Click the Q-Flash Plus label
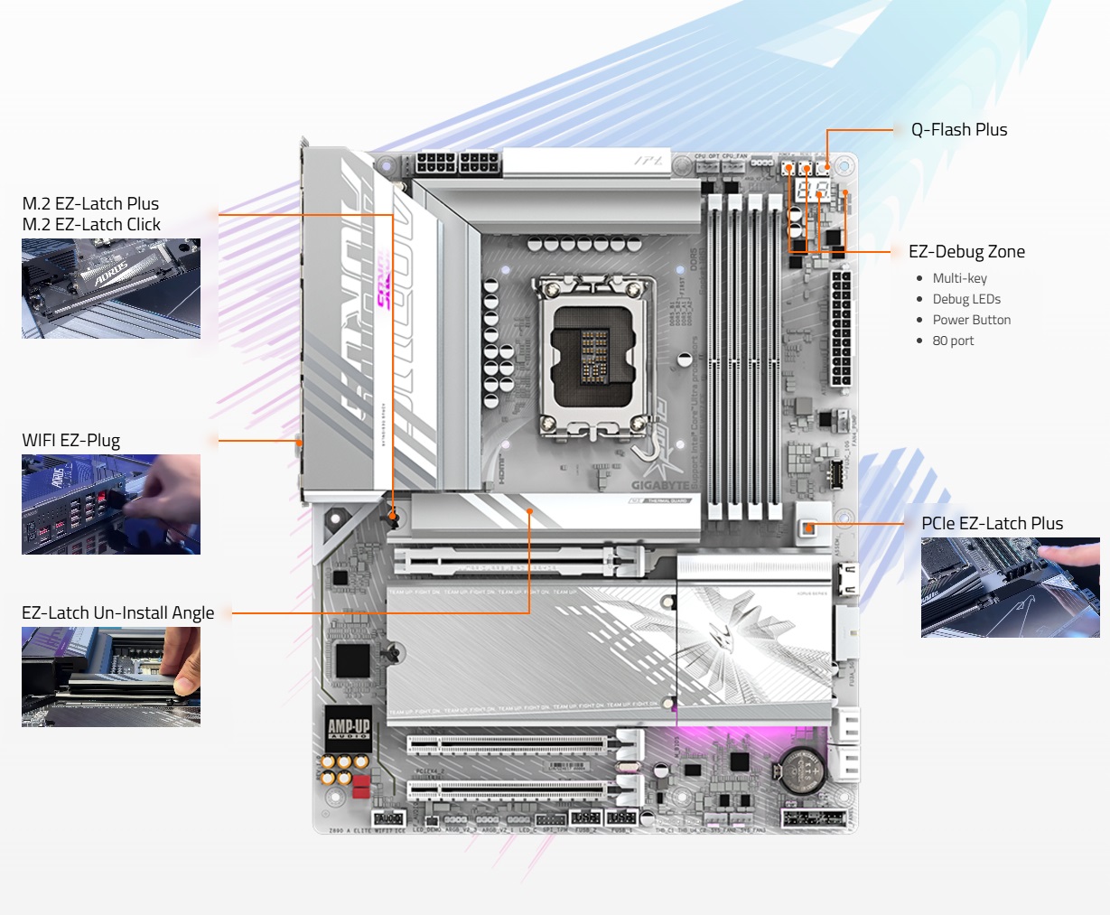tap(958, 130)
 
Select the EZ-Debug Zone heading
tap(966, 252)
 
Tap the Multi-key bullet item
tap(959, 278)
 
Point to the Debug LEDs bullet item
tap(966, 299)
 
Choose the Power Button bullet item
tap(971, 320)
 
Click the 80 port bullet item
tap(953, 341)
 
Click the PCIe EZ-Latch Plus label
tap(992, 524)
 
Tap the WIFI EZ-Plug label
tap(70, 441)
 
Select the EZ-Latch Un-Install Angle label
tap(117, 613)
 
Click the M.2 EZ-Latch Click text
tap(91, 225)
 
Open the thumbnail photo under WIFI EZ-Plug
tap(111, 504)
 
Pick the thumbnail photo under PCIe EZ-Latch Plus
tap(1010, 588)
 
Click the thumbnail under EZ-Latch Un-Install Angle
tap(111, 677)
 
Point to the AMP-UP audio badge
tap(349, 729)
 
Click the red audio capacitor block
tap(361, 786)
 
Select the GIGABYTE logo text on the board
tap(660, 486)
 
